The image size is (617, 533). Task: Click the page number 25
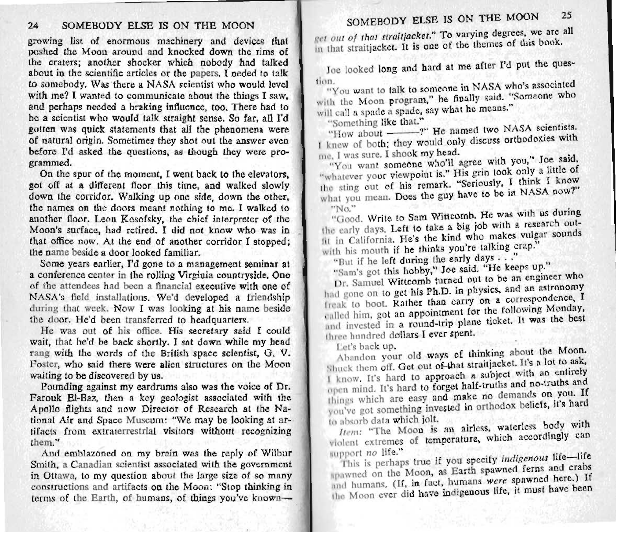(566, 16)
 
